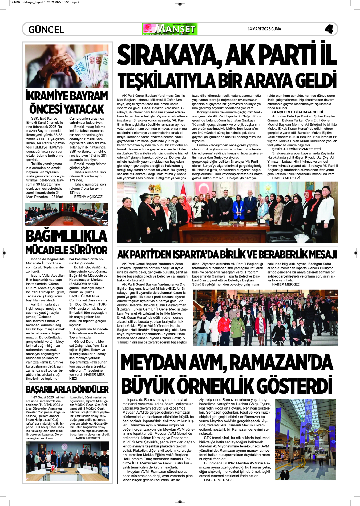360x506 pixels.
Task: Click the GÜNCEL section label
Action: tap(46, 29)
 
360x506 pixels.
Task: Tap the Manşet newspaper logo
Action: tap(170, 29)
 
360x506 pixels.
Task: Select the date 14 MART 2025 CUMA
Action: tap(264, 29)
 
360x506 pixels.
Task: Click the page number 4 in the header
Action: tap(329, 29)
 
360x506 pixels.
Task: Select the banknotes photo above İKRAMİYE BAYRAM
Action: tap(67, 66)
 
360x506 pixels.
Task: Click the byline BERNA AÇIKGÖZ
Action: tap(88, 197)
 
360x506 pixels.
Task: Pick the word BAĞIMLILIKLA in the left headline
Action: tap(66, 236)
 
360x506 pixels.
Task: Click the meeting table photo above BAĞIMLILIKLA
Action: tap(67, 215)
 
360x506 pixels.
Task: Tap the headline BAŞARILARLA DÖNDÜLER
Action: tap(67, 390)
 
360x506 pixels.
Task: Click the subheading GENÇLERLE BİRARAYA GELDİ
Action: tap(297, 112)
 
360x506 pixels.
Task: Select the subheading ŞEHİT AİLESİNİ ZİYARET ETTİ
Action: tap(297, 149)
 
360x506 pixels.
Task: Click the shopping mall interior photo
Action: tap(305, 439)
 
